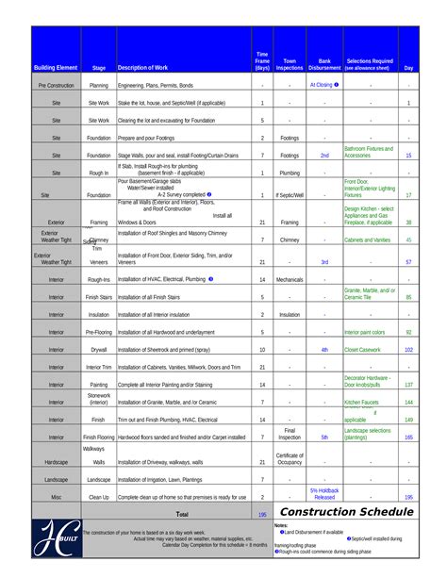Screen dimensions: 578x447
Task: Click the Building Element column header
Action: pyautogui.click(x=56, y=68)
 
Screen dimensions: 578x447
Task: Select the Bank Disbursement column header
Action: pyautogui.click(x=324, y=64)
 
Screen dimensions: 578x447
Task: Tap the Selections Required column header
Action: pyautogui.click(x=370, y=64)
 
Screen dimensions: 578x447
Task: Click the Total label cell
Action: pyautogui.click(x=182, y=515)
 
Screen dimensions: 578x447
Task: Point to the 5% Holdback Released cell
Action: pyautogui.click(x=324, y=493)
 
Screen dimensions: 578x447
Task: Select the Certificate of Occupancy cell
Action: pyautogui.click(x=290, y=458)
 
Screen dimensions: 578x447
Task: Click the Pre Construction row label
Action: pyautogui.click(x=56, y=85)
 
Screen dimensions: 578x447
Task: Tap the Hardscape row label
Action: pyautogui.click(x=56, y=462)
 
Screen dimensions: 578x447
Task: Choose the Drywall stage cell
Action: pyautogui.click(x=99, y=349)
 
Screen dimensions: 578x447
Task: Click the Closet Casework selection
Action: pyautogui.click(x=363, y=349)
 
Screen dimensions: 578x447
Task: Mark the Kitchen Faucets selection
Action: pyautogui.click(x=362, y=402)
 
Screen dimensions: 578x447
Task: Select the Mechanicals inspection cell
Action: pyautogui.click(x=290, y=279)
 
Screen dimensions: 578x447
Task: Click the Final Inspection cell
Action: pyautogui.click(x=290, y=433)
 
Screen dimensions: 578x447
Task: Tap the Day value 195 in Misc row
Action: pyautogui.click(x=408, y=496)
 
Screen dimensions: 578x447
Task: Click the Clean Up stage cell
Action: pyautogui.click(x=99, y=496)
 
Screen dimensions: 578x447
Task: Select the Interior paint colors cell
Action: pyautogui.click(x=365, y=332)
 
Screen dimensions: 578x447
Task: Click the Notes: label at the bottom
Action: pyautogui.click(x=281, y=524)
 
